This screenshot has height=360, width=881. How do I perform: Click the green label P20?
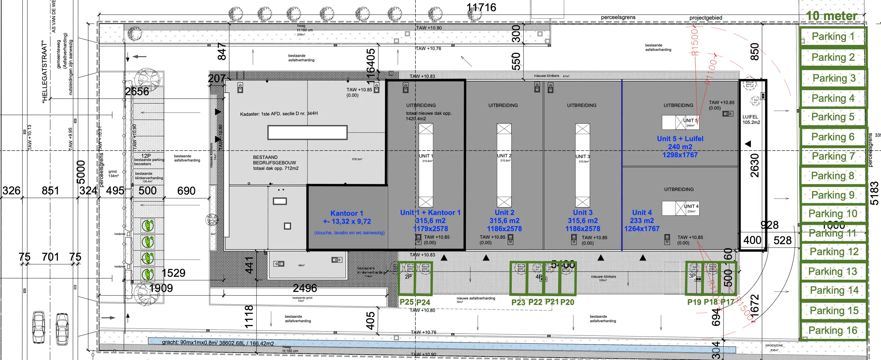[x=567, y=302]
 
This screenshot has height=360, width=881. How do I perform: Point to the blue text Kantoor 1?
[x=346, y=213]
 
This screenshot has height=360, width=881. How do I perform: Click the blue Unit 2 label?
[x=504, y=213]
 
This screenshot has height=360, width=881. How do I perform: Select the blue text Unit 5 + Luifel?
[x=680, y=139]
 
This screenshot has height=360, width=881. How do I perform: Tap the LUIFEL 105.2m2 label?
[x=751, y=119]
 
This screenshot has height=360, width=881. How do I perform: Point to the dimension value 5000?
[x=81, y=172]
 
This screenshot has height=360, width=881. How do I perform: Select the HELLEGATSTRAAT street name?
[x=44, y=72]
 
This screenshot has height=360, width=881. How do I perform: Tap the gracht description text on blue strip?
[x=218, y=343]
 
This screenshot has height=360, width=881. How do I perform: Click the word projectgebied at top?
[x=706, y=18]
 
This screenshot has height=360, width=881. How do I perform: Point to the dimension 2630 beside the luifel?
[x=754, y=166]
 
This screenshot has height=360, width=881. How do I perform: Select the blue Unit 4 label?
[x=642, y=213]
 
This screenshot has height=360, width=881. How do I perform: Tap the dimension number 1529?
[x=173, y=273]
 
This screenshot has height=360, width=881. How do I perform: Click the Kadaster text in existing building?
[x=278, y=113]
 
